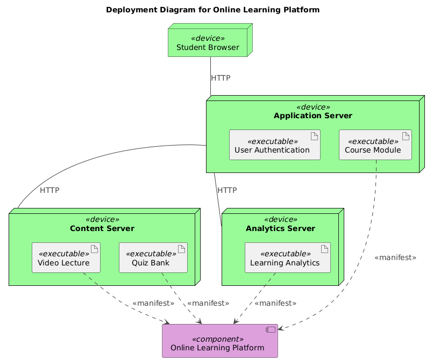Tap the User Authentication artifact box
tap(274, 145)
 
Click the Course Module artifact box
tap(375, 145)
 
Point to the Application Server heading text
tap(313, 116)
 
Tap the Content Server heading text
tap(102, 228)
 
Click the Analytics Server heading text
tap(280, 228)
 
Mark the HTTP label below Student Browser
tap(221, 78)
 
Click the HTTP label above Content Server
tap(49, 190)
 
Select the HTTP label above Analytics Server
tap(227, 190)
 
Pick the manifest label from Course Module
tap(395, 258)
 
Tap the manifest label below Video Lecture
tap(153, 303)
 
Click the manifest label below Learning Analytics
tap(275, 303)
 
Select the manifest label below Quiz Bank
tap(208, 303)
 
